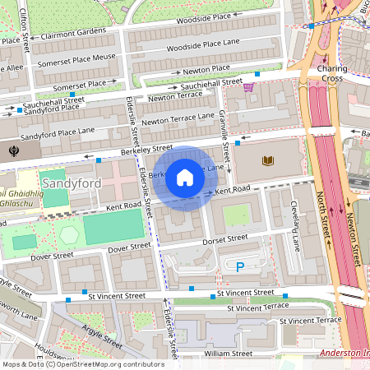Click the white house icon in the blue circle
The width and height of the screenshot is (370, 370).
click(185, 178)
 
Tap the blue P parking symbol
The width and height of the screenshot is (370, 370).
click(240, 266)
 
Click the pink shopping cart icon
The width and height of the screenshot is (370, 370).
click(248, 86)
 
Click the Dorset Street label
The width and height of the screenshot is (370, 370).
click(225, 238)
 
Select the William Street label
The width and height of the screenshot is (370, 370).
click(229, 354)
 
